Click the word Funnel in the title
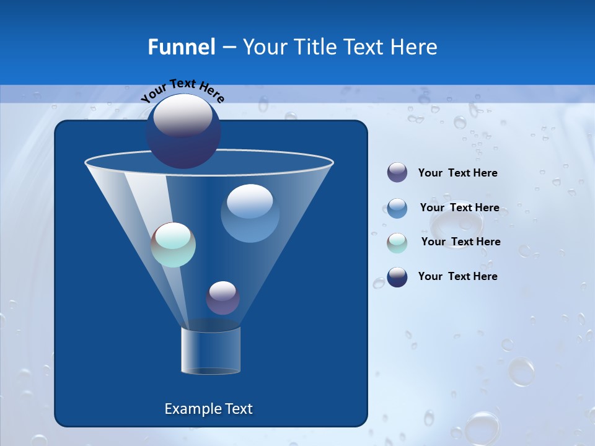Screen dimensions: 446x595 (182, 47)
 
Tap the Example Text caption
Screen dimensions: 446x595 (208, 409)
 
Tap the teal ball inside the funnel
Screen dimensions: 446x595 (174, 245)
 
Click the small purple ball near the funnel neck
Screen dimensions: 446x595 (223, 299)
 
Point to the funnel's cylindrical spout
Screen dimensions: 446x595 (211, 351)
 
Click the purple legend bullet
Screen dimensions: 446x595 (397, 173)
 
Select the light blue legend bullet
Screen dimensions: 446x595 (397, 208)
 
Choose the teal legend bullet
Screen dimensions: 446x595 (397, 243)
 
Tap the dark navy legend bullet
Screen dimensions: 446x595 (397, 277)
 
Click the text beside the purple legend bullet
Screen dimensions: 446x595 (457, 173)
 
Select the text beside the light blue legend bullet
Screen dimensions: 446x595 (459, 208)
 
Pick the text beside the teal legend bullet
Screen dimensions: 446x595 (461, 242)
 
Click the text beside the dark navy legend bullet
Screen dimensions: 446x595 (457, 276)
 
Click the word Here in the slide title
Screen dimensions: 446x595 (416, 47)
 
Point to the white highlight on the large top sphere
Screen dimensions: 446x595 (183, 116)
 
